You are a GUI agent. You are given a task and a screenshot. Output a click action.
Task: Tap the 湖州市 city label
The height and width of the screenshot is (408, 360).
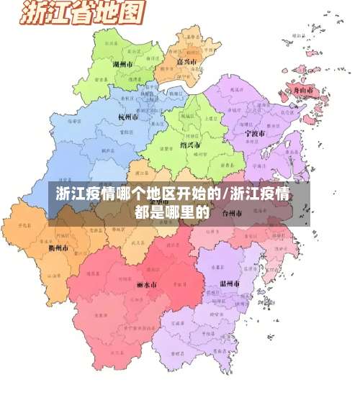pos(123,64)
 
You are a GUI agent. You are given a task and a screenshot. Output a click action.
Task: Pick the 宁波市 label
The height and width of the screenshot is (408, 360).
pos(255,134)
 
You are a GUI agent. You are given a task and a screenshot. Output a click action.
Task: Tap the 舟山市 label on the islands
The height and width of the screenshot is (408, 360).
pos(302,91)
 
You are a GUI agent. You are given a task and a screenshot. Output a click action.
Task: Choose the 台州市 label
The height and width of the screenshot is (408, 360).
pos(233,214)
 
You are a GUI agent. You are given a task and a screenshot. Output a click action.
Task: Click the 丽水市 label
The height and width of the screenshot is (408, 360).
pos(146,285)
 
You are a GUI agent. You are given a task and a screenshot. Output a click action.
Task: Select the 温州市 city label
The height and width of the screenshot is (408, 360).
pos(231,284)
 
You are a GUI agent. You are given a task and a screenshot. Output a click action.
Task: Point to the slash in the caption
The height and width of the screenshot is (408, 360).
pos(225,194)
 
